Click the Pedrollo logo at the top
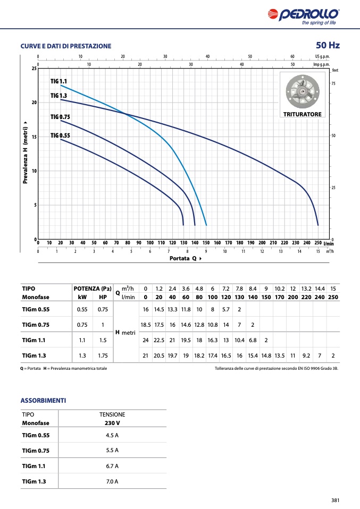click(x=304, y=16)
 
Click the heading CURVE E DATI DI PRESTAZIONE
click(x=66, y=46)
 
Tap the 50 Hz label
click(x=328, y=45)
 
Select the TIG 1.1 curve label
click(x=58, y=81)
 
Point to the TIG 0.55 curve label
click(x=60, y=135)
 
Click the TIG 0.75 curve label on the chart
click(x=60, y=117)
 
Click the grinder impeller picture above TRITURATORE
click(x=303, y=91)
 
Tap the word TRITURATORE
click(x=302, y=114)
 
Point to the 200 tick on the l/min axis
click(x=262, y=243)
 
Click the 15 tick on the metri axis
click(x=34, y=137)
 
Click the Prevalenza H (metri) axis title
click(x=26, y=152)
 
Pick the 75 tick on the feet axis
click(x=333, y=83)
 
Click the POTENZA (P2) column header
click(x=93, y=289)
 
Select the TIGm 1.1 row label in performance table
click(x=34, y=340)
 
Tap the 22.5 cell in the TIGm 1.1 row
click(x=159, y=340)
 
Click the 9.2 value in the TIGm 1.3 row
click(x=306, y=355)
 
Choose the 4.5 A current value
click(x=112, y=435)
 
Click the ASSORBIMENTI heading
click(x=43, y=401)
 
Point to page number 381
click(x=336, y=500)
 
